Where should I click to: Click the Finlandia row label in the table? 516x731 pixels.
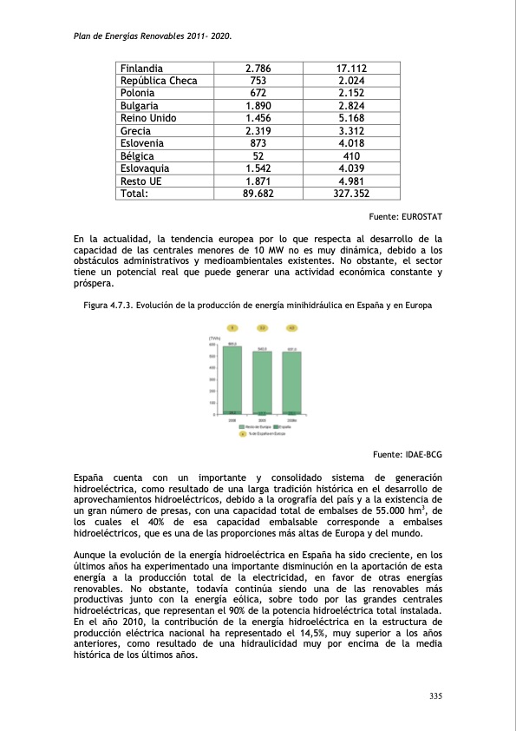coord(144,68)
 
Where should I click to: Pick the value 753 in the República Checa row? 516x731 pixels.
coord(258,81)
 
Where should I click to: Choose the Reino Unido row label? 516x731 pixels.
coord(150,118)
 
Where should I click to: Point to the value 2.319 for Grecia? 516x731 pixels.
coord(258,131)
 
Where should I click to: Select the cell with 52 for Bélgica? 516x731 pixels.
coord(258,156)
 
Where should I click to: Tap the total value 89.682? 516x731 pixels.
coord(258,194)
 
